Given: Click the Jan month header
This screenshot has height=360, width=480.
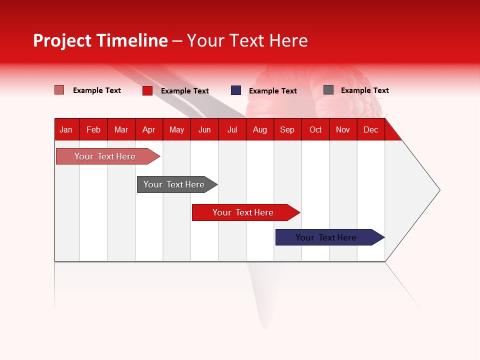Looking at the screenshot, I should [66, 129].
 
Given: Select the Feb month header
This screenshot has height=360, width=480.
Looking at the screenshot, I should [93, 129].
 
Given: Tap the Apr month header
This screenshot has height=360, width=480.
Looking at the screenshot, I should [148, 129].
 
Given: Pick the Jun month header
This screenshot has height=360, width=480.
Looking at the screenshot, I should [204, 129].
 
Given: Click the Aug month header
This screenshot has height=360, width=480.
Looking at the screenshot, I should [259, 129].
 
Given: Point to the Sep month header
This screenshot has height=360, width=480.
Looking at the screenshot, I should [287, 129].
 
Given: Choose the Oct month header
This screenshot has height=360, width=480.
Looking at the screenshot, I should [315, 129].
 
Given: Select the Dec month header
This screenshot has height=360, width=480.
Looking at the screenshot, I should [370, 129].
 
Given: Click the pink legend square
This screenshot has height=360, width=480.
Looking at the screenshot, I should [59, 90].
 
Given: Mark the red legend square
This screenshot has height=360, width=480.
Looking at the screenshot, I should [147, 90].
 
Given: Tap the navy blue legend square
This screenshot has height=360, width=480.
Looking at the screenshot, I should [236, 90].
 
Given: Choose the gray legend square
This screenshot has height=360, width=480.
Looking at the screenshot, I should [328, 90].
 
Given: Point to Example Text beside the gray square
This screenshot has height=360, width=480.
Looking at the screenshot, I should [364, 90].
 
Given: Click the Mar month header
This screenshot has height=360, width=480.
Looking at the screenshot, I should [121, 129].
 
